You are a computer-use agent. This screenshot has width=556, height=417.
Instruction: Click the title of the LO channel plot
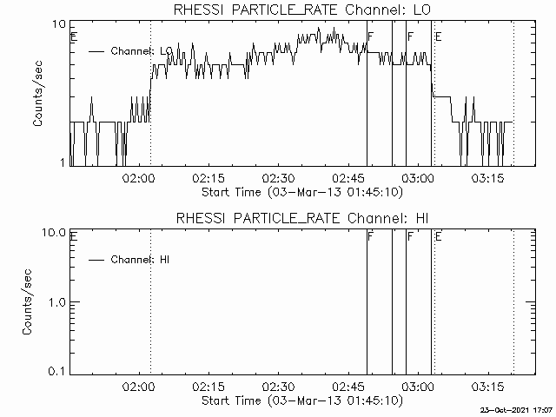pyautogui.click(x=302, y=10)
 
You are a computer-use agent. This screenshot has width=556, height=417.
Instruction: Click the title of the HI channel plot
pyautogui.click(x=302, y=218)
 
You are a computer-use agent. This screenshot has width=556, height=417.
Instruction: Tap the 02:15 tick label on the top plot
pyautogui.click(x=208, y=177)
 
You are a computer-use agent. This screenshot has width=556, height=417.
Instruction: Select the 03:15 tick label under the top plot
pyautogui.click(x=487, y=177)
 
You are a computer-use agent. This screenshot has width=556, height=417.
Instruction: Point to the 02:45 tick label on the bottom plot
pyautogui.click(x=348, y=386)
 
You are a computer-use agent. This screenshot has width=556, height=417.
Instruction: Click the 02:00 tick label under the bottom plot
pyautogui.click(x=139, y=386)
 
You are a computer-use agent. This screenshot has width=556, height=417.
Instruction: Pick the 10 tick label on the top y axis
pyautogui.click(x=59, y=24)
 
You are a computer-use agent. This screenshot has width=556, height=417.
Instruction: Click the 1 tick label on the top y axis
pyautogui.click(x=63, y=162)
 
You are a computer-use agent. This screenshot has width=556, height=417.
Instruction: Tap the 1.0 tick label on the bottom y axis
pyautogui.click(x=57, y=302)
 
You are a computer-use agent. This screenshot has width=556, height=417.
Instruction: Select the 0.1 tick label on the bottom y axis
pyautogui.click(x=57, y=372)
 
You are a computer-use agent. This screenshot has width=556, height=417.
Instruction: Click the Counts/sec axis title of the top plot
pyautogui.click(x=37, y=94)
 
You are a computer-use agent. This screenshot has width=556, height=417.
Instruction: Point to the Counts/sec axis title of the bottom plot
pyautogui.click(x=27, y=302)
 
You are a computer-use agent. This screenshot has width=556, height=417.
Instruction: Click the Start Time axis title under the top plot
pyautogui.click(x=302, y=193)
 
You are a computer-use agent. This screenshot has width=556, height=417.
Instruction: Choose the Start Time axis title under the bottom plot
pyautogui.click(x=302, y=401)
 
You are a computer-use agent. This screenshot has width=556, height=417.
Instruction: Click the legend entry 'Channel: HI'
pyautogui.click(x=140, y=260)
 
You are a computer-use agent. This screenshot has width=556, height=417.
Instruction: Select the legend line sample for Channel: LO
pyautogui.click(x=96, y=52)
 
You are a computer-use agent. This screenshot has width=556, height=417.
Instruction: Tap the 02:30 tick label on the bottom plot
pyautogui.click(x=278, y=386)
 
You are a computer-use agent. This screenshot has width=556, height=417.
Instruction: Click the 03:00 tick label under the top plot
pyautogui.click(x=418, y=177)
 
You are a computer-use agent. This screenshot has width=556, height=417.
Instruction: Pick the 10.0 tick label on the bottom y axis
pyautogui.click(x=54, y=233)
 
